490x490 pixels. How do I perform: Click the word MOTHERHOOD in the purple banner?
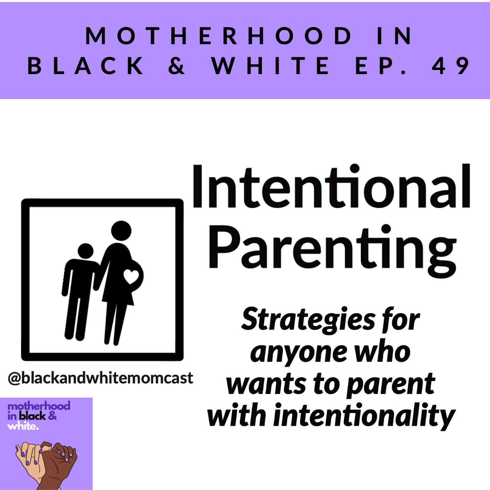219,36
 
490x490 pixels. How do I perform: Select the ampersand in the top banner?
176,65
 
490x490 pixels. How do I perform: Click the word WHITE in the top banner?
270,65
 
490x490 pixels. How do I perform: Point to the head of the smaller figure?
86,251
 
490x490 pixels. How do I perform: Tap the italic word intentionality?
364,417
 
